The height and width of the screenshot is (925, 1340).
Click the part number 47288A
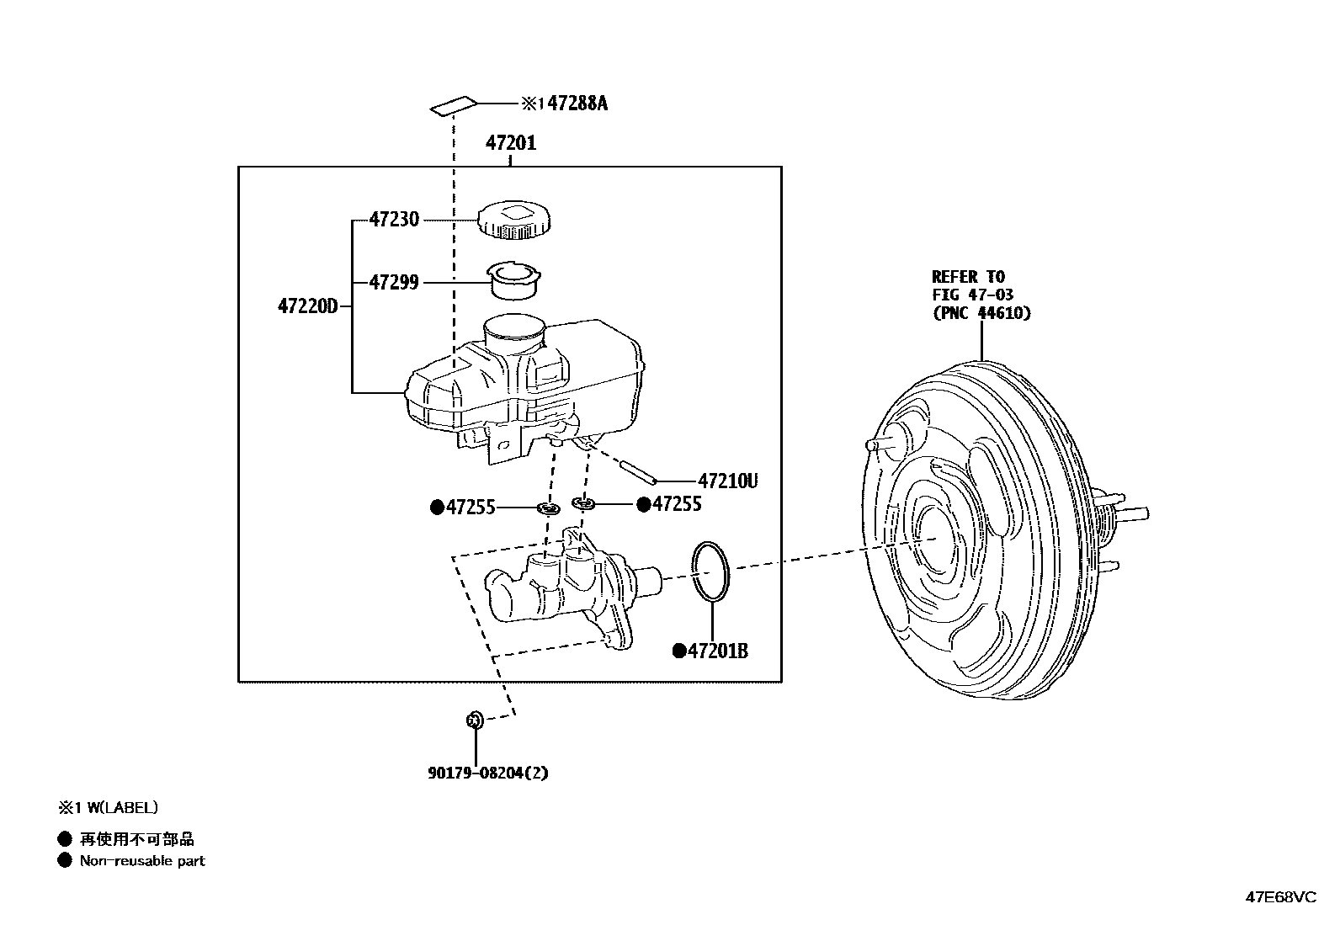(576, 104)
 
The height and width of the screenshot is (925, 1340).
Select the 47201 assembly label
(510, 143)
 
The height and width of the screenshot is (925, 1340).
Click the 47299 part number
(394, 283)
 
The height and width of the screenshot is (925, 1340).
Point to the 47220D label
(307, 306)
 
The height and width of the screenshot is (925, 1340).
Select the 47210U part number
(729, 481)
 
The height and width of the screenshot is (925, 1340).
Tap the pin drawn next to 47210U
(638, 471)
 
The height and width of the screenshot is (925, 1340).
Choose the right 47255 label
(676, 504)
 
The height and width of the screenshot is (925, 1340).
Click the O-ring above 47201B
(710, 571)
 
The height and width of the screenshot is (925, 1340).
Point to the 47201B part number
(717, 651)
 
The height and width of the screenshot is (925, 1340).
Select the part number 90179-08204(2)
(487, 772)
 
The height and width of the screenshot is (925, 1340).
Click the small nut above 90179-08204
(474, 719)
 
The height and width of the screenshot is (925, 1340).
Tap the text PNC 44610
(981, 313)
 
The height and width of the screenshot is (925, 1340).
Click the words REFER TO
(968, 277)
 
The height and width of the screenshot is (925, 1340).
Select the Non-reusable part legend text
(141, 860)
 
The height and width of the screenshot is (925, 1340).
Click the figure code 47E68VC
(1280, 897)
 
